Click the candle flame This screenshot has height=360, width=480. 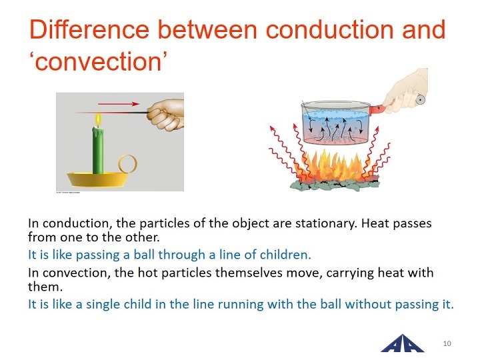point(98,120)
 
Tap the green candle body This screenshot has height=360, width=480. point(98,151)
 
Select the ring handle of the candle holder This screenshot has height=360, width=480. point(127,164)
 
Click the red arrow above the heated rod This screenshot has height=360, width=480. point(119,104)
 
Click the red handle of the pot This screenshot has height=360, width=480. point(378,109)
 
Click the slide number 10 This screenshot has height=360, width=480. point(447,343)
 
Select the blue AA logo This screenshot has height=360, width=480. point(402,343)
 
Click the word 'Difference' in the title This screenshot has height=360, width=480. point(89,30)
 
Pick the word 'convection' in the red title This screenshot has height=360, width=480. point(98,62)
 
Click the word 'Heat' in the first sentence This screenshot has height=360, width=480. point(375,223)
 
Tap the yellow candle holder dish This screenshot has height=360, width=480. point(97,180)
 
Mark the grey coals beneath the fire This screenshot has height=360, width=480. point(335,185)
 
